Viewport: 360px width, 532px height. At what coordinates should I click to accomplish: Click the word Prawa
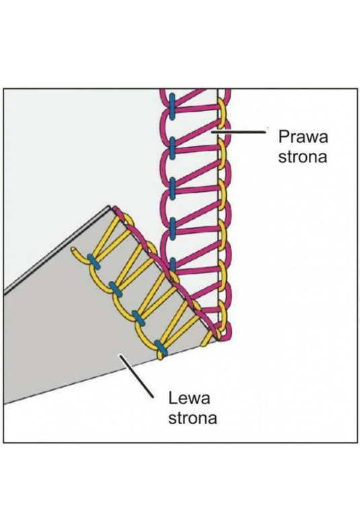[x=303, y=137]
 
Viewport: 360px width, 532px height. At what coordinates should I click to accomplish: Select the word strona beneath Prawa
[x=302, y=158]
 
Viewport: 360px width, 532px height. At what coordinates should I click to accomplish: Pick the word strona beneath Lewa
[x=192, y=418]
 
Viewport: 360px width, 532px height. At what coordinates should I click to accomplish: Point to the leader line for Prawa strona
[x=238, y=131]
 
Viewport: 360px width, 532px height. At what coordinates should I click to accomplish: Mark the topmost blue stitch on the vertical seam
[x=172, y=107]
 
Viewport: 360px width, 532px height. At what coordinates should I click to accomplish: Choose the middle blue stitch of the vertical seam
[x=173, y=188]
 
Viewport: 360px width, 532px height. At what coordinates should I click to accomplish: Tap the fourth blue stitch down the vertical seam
[x=173, y=228]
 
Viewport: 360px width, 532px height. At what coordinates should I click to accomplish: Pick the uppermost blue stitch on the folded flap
[x=94, y=261]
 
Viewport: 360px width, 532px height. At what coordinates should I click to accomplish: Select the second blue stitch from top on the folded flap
[x=116, y=290]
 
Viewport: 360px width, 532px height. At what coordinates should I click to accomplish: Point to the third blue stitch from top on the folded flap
[x=139, y=318]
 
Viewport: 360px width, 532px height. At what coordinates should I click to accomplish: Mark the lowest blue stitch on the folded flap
[x=161, y=347]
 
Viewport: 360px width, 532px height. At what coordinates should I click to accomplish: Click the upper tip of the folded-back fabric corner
[x=109, y=206]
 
